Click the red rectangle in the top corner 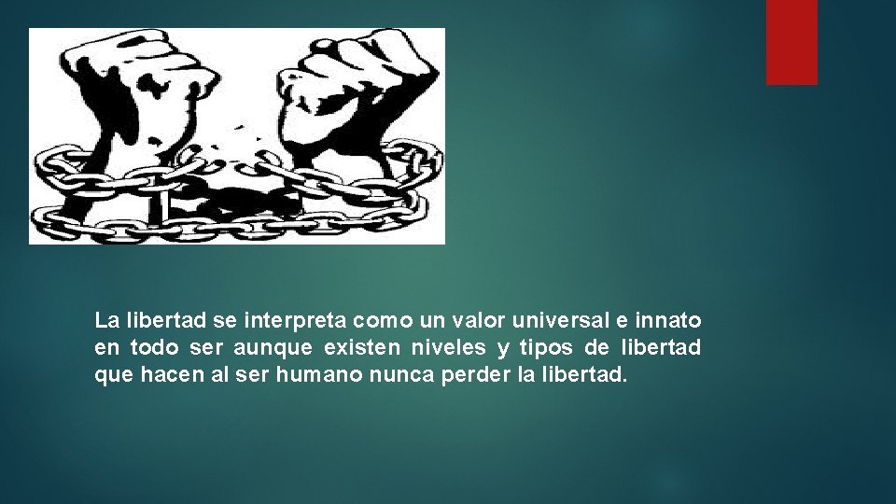(791, 42)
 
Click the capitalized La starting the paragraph (106, 321)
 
